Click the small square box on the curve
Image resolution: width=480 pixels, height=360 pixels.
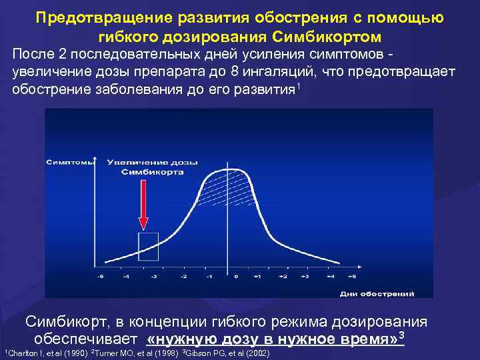tap(148, 246)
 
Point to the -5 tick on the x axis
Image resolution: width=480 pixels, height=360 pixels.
tap(100, 275)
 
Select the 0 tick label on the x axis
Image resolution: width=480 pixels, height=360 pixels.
tap(236, 275)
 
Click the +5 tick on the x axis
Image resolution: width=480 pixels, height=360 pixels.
tap(353, 275)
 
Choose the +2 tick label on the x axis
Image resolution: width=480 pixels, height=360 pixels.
tap(283, 275)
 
